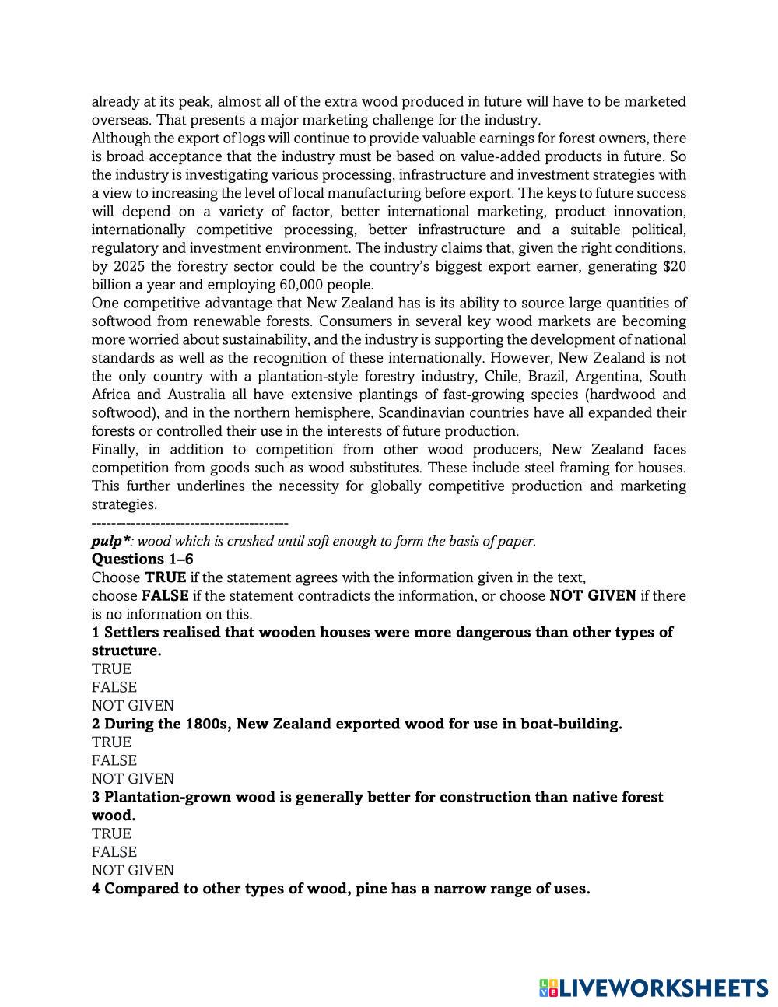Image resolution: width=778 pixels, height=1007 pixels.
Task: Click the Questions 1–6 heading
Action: point(142,559)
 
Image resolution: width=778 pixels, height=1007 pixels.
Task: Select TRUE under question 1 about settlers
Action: point(111,669)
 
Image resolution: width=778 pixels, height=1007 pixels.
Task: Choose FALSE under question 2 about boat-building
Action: point(114,760)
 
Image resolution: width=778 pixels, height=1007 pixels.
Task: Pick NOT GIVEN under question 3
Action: point(132,870)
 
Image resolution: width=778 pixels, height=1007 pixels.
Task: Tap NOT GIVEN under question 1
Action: point(132,705)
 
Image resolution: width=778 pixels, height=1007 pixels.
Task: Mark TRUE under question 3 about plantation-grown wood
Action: point(111,833)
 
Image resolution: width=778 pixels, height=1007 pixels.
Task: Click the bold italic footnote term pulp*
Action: point(110,541)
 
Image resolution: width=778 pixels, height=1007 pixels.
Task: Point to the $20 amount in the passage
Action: point(675,266)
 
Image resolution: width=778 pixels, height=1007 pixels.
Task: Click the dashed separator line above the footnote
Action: point(190,523)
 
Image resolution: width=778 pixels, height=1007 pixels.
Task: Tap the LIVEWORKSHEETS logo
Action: point(654,988)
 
